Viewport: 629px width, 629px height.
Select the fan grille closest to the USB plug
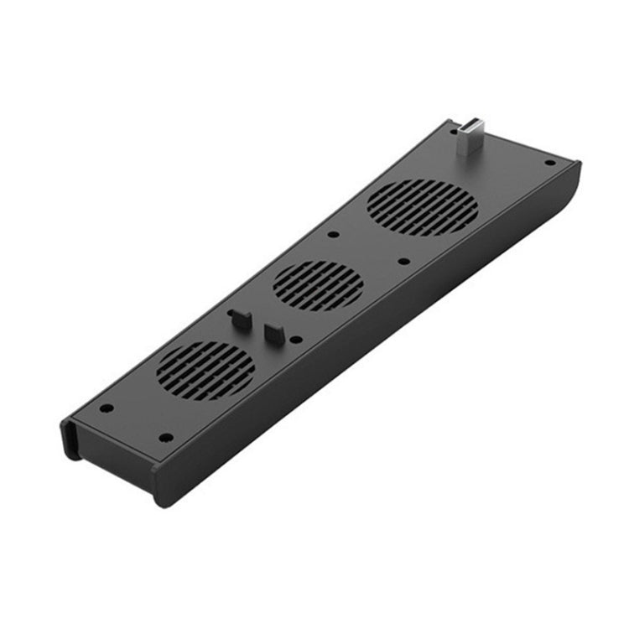tap(422, 206)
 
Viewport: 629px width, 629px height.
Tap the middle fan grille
tap(319, 285)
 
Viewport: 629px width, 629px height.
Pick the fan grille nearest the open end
tap(205, 370)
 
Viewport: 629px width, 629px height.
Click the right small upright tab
tap(272, 332)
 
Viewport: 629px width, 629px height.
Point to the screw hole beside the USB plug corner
tap(549, 163)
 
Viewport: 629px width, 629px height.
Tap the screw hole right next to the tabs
tap(296, 340)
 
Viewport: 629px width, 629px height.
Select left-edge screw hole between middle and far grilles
tap(333, 234)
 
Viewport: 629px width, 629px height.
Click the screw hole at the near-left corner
tap(107, 408)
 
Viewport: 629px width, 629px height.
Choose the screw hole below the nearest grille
tap(165, 437)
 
